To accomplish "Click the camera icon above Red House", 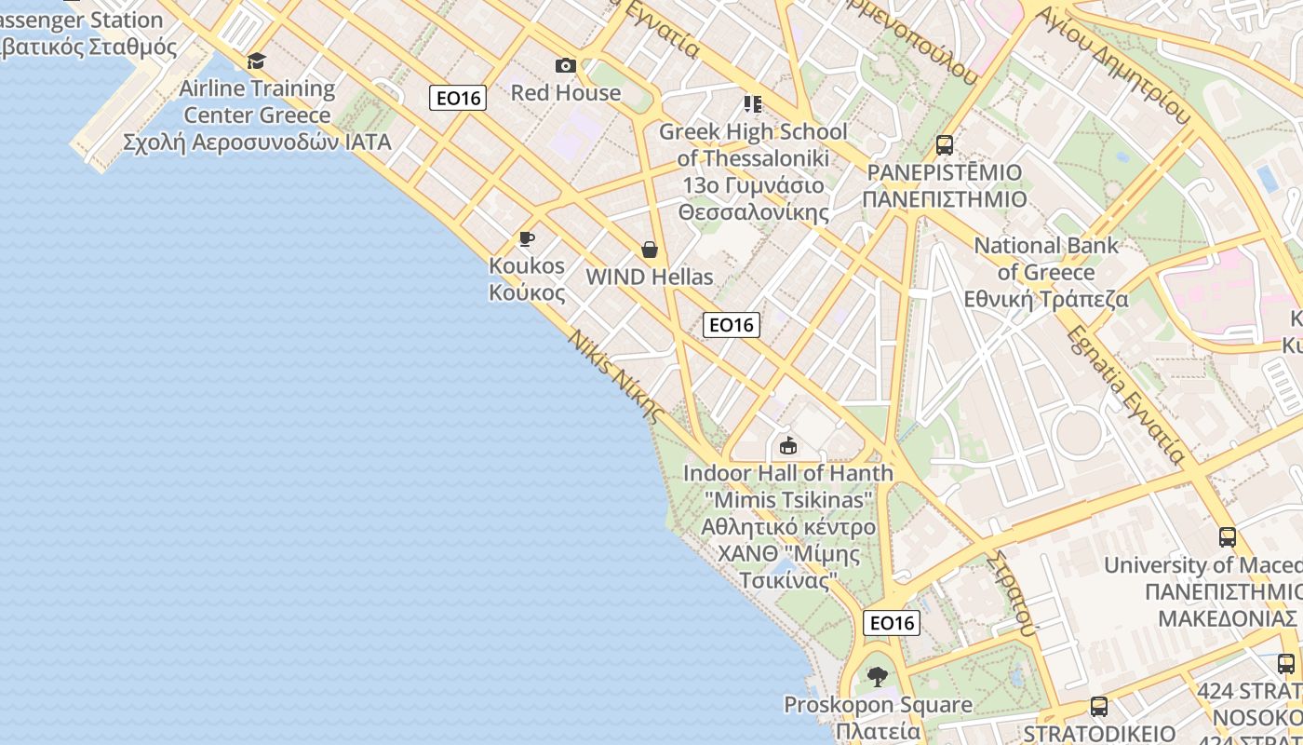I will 565,65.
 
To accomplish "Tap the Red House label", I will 565,92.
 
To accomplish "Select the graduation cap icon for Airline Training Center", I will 256,61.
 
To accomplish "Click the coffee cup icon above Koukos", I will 527,239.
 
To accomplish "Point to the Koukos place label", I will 527,278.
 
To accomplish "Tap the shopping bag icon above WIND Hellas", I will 650,250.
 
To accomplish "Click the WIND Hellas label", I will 650,277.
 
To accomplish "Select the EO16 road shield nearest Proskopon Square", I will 892,623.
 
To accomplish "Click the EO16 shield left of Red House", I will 458,98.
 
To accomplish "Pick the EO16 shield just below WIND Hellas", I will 732,325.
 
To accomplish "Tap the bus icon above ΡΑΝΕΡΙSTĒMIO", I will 945,145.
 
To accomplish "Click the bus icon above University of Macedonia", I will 1228,537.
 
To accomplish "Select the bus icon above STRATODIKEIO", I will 1099,707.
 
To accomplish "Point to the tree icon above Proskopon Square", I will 877,677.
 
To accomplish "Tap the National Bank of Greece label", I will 1046,272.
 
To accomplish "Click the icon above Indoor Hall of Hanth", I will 788,445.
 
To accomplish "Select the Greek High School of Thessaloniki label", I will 753,171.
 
